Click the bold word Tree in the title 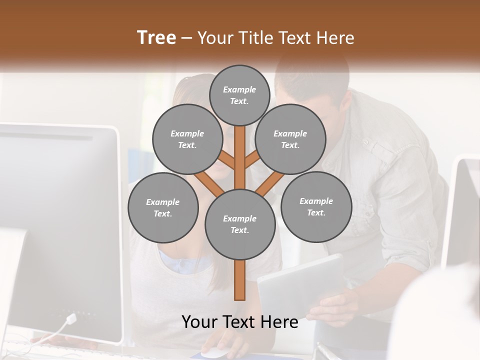(156, 37)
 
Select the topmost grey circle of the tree (239, 95)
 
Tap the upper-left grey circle (187, 139)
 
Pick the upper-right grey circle (290, 139)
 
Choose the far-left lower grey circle (163, 207)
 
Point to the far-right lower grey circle (316, 206)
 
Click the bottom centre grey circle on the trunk (240, 224)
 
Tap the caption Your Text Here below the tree (240, 322)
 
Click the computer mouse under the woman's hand (214, 352)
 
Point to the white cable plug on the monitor (71, 318)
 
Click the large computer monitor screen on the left (55, 225)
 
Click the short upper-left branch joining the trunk (228, 161)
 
